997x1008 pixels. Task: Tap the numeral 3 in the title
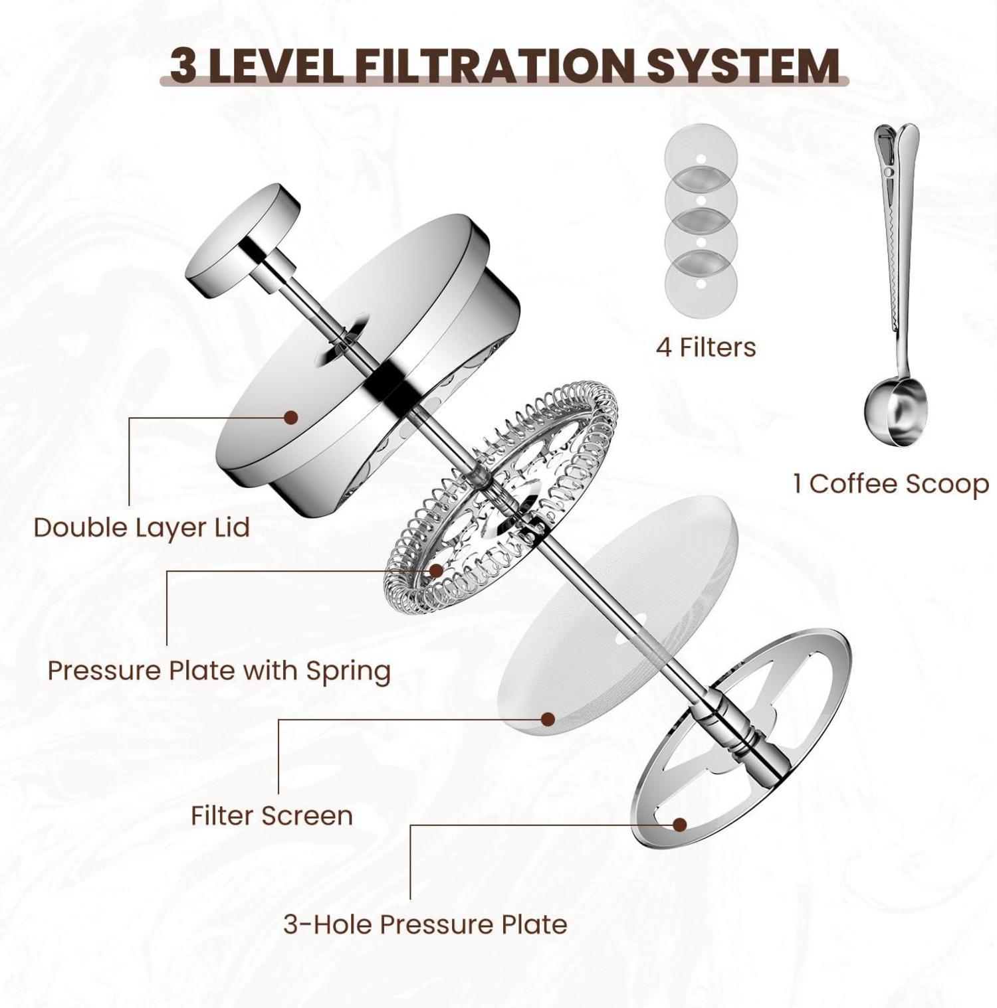(x=183, y=66)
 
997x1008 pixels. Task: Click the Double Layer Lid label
(x=142, y=527)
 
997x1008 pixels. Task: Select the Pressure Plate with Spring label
(x=219, y=671)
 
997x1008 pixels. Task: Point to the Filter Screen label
(x=272, y=815)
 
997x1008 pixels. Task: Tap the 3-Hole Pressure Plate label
(x=425, y=924)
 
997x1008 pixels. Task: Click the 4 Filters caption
(x=706, y=347)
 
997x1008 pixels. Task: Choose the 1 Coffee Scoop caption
(x=891, y=483)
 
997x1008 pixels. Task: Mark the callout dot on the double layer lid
(x=290, y=417)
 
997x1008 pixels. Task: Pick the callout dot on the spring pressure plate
(x=436, y=570)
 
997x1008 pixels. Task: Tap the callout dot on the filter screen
(x=548, y=719)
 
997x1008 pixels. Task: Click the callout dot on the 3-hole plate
(x=679, y=825)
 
